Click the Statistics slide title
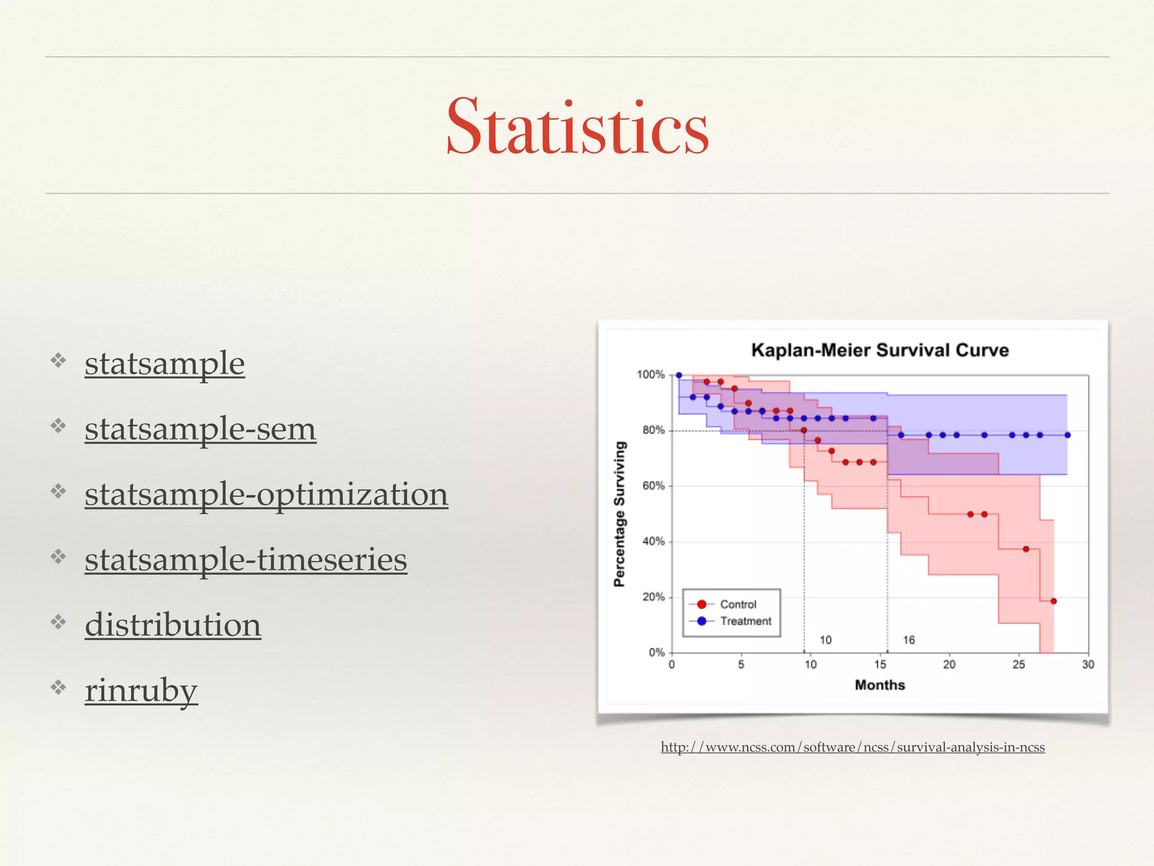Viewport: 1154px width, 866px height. (x=577, y=127)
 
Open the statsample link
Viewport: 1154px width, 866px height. (x=165, y=364)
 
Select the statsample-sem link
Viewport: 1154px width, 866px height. (x=200, y=430)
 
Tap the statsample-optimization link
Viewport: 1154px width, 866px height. (x=266, y=495)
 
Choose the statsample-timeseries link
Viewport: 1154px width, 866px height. (x=246, y=560)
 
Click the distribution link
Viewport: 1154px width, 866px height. (x=172, y=626)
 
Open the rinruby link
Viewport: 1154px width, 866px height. (x=141, y=691)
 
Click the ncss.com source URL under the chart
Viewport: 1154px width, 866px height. (x=853, y=748)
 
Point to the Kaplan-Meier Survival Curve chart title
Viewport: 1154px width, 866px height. (x=880, y=350)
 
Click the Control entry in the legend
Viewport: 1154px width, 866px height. (x=738, y=604)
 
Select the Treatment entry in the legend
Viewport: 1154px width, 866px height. (x=745, y=621)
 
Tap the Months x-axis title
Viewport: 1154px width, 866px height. (x=880, y=685)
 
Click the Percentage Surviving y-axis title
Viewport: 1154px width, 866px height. (x=620, y=514)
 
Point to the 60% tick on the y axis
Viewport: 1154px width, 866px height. (x=653, y=486)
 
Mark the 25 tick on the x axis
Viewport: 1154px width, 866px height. (x=1019, y=665)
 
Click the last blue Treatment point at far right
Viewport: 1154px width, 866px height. (x=1067, y=435)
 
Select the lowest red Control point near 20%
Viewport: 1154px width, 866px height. (x=1054, y=601)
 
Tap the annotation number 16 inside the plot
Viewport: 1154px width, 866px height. (x=908, y=640)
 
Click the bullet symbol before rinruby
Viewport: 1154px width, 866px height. (x=58, y=687)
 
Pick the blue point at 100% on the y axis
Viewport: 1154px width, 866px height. (x=679, y=375)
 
